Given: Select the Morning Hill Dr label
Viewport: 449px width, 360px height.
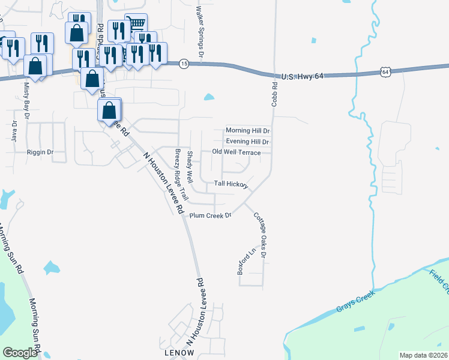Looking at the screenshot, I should coord(247,130).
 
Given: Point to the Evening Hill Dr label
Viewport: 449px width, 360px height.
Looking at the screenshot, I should coord(247,142).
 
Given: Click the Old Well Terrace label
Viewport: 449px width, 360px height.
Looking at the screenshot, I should coord(237,152).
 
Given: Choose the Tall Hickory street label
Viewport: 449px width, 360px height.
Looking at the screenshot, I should coord(231,184).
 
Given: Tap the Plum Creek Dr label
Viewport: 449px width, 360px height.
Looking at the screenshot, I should coord(210,215).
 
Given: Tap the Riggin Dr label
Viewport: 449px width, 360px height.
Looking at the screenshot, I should coord(40,152).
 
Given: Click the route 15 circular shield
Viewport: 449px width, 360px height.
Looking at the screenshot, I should coord(184,64).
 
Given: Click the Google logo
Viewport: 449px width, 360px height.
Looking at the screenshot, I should coord(20,353).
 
